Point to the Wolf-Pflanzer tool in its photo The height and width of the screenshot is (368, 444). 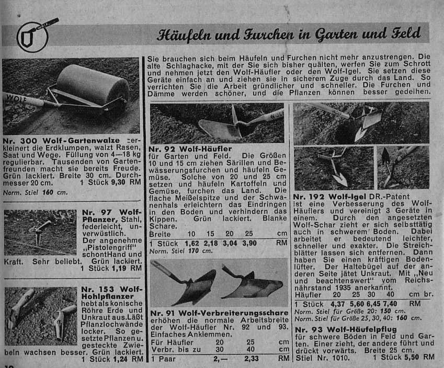(40, 229)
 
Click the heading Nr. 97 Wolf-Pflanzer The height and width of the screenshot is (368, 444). (111, 216)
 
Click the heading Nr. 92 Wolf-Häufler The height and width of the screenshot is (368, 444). (190, 149)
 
